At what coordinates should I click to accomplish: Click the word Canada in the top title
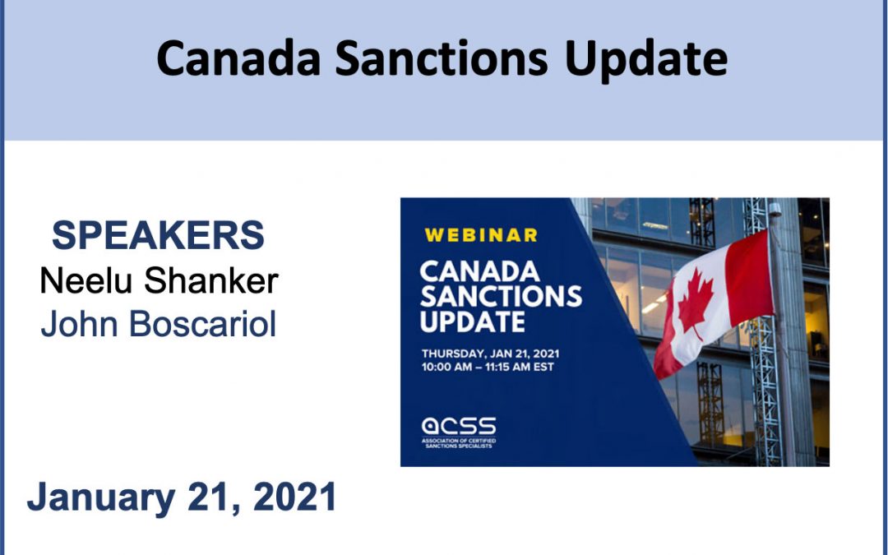(x=238, y=58)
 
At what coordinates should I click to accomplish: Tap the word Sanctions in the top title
(x=442, y=58)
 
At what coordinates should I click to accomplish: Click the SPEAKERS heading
(x=158, y=235)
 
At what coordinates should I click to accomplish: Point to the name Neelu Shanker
(x=159, y=280)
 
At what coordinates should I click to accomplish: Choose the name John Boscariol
(x=159, y=323)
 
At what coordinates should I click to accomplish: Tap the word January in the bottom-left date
(x=101, y=498)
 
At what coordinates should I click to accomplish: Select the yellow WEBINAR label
(x=481, y=235)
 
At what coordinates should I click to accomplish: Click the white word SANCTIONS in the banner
(x=501, y=296)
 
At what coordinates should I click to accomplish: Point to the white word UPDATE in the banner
(x=472, y=321)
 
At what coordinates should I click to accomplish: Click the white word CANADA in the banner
(x=479, y=271)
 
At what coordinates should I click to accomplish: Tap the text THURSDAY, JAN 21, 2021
(x=490, y=354)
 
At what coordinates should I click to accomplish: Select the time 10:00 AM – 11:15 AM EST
(x=487, y=367)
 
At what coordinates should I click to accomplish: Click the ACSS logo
(x=459, y=426)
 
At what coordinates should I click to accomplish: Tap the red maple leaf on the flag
(x=696, y=303)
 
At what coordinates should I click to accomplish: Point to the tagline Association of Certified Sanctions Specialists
(x=459, y=443)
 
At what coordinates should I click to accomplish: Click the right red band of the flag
(x=749, y=278)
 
